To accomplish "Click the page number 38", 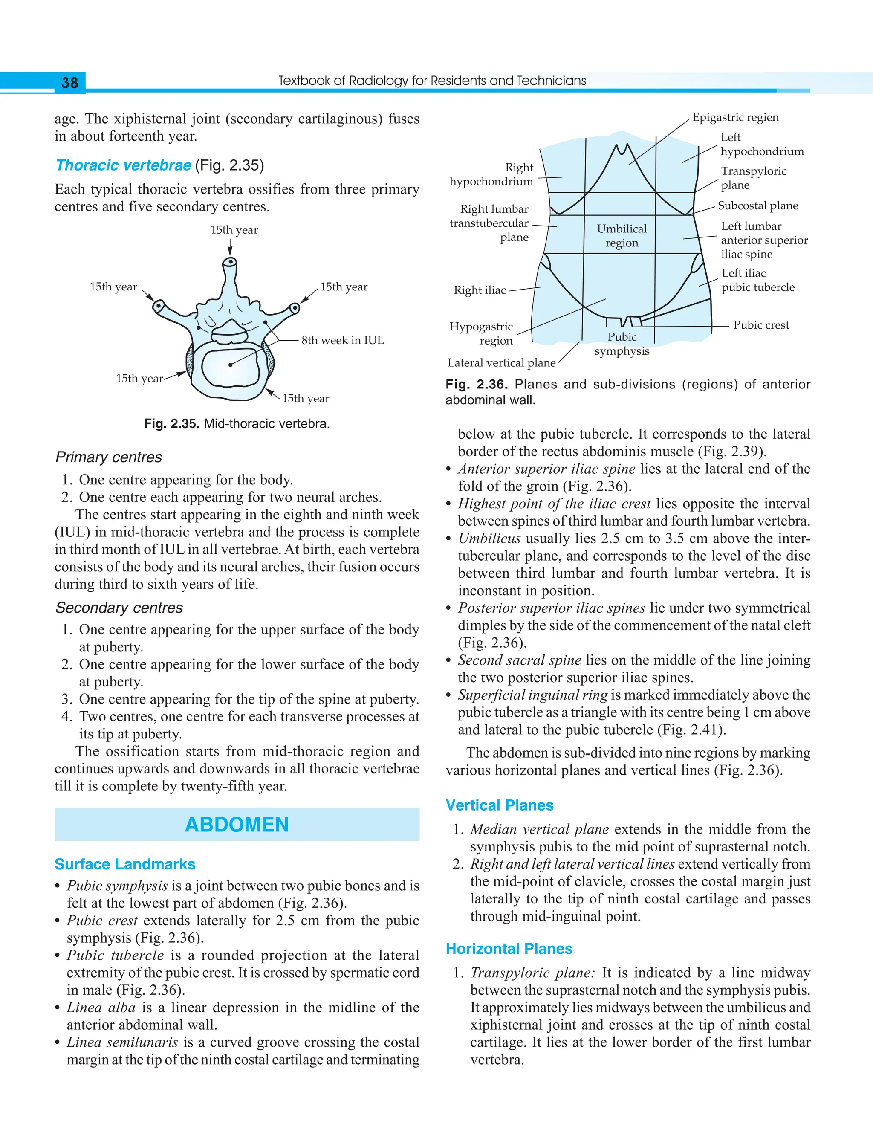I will [69, 83].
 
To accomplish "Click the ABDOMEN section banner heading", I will [237, 825].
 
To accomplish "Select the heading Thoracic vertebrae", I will [123, 165].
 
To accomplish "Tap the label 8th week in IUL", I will [342, 340].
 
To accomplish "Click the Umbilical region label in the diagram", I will [622, 236].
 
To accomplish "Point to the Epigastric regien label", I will [735, 117].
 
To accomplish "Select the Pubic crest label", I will [761, 325].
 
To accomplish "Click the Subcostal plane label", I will [757, 206].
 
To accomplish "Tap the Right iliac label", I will [480, 290].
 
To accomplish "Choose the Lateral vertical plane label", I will [501, 363].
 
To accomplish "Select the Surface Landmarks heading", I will [125, 864].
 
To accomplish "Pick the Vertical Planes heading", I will [500, 805].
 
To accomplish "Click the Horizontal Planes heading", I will [509, 949].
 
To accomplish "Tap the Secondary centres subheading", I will [119, 608].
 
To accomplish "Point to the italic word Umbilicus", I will [489, 539].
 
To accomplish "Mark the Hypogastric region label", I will [481, 334].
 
